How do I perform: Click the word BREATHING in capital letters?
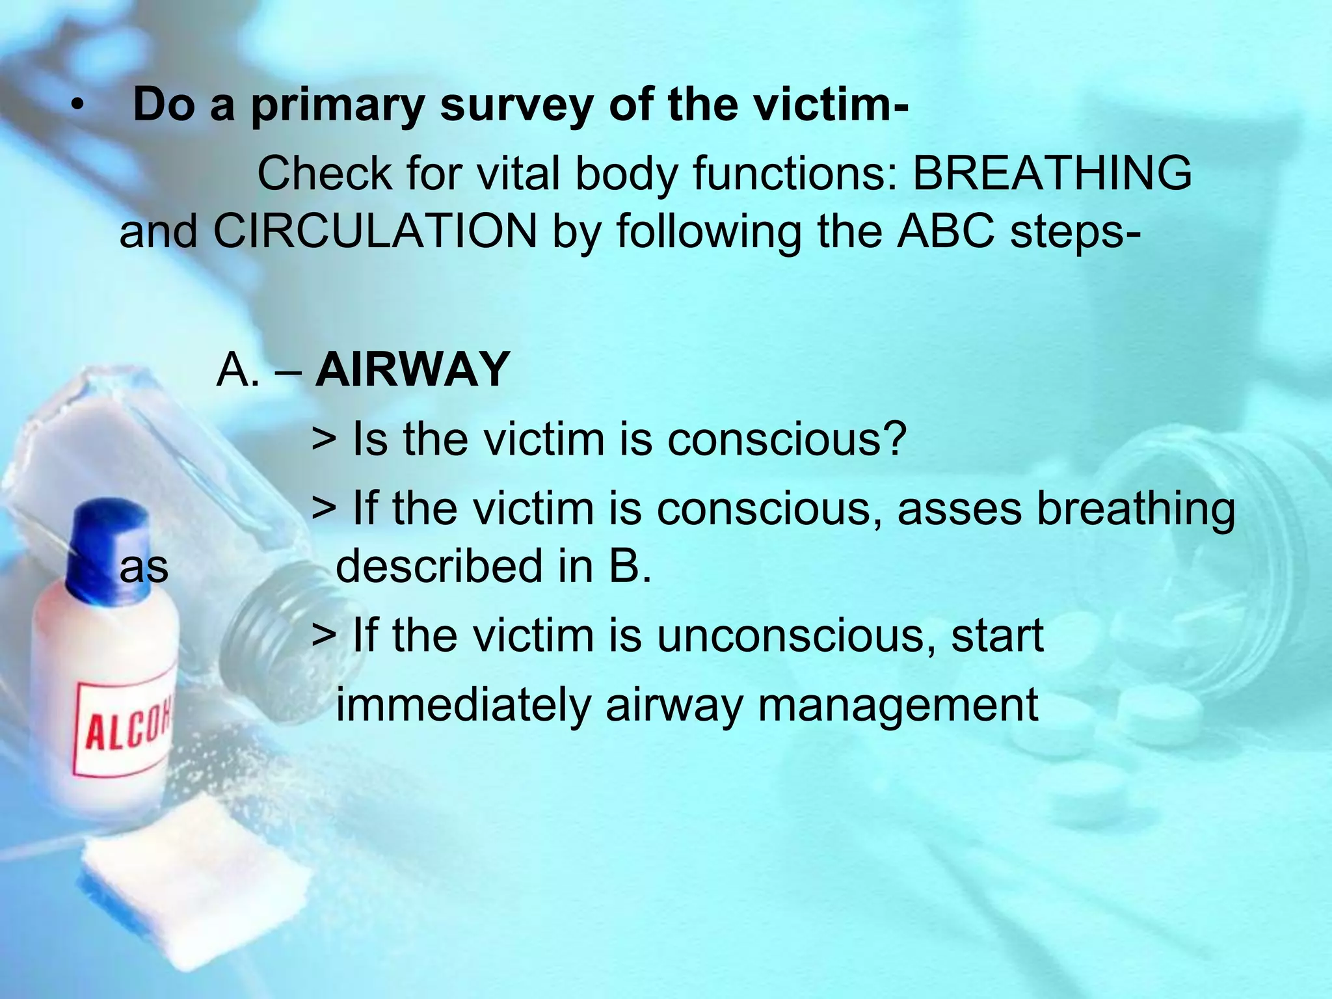click(x=1052, y=174)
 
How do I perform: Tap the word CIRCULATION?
click(x=375, y=232)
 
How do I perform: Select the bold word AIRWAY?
click(x=412, y=369)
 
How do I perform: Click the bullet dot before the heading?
click(x=78, y=108)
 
